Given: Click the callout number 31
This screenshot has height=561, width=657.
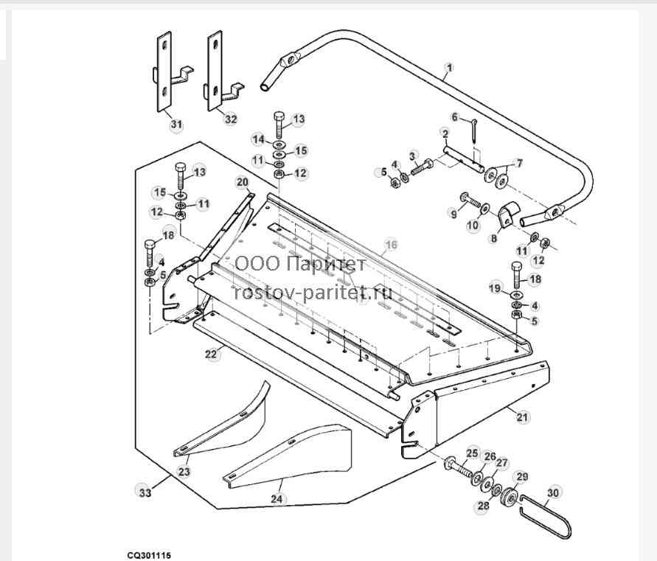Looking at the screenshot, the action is [176, 125].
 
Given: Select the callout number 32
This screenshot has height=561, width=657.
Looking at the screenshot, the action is [231, 119].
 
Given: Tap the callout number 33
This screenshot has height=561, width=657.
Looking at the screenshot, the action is [145, 492].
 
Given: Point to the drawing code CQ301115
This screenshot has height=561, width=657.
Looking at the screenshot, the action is [150, 556].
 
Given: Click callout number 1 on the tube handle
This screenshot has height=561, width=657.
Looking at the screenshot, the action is [449, 68].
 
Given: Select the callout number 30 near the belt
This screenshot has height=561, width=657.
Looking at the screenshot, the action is [553, 492].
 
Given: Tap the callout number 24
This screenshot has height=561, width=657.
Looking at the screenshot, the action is [276, 499].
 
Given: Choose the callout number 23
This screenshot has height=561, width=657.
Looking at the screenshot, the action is [184, 472].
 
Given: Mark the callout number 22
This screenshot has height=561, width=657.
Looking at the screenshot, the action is [211, 355].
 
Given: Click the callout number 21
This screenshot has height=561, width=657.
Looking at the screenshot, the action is [522, 417].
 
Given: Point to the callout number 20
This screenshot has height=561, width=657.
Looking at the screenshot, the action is [243, 182].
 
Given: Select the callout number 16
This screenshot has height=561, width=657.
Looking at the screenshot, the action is [391, 245].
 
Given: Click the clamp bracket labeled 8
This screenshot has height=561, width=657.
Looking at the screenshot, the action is [508, 216].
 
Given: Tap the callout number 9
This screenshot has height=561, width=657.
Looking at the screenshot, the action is [453, 214].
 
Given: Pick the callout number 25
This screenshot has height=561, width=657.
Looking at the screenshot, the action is [472, 453].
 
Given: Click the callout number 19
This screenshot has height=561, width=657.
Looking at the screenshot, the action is [495, 288].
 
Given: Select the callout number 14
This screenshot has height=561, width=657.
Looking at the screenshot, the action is [259, 139].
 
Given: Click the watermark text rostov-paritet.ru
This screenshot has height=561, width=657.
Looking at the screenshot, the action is [313, 292].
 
